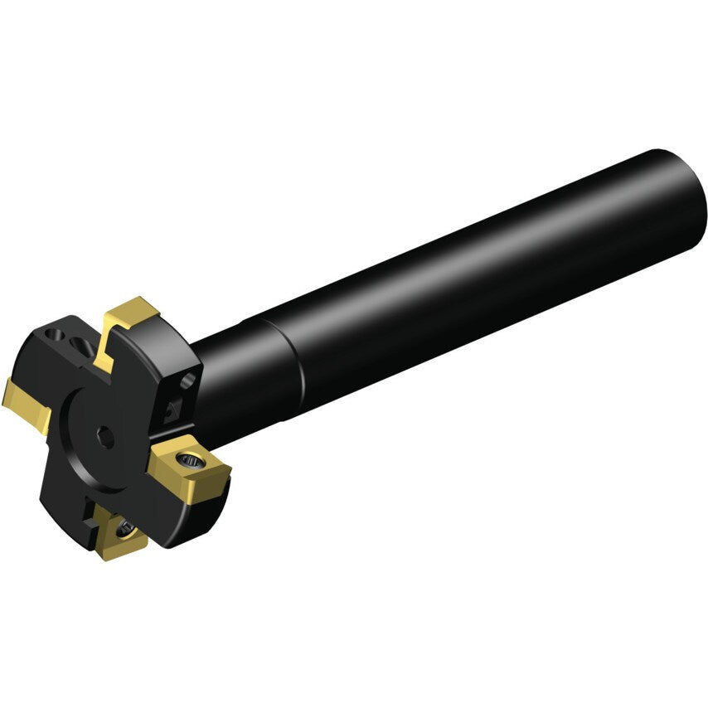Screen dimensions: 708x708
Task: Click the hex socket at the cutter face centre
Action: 106,439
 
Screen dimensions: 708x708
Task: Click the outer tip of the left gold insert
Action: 8,398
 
